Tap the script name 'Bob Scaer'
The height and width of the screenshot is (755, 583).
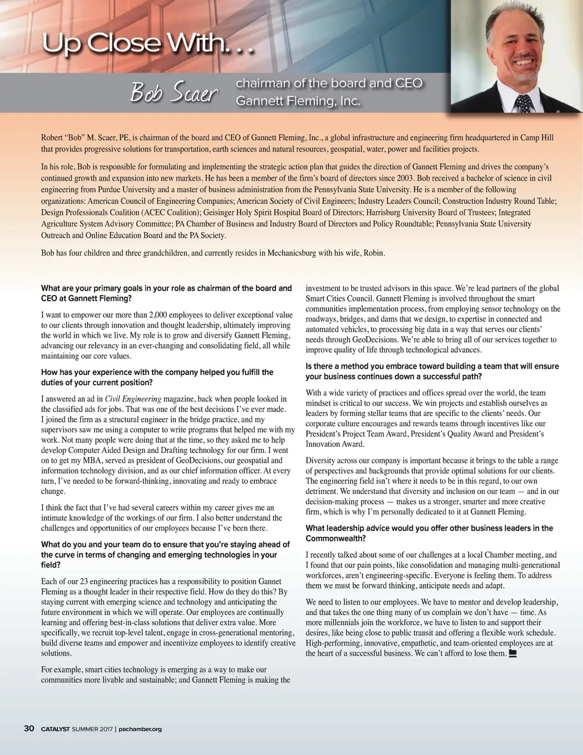pyautogui.click(x=173, y=92)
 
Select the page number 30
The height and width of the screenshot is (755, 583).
pyautogui.click(x=29, y=728)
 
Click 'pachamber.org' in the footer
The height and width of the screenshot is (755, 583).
pyautogui.click(x=140, y=729)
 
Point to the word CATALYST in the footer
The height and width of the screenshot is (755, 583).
pyautogui.click(x=55, y=729)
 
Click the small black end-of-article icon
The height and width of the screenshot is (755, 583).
pyautogui.click(x=512, y=654)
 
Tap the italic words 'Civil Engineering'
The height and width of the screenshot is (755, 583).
pyautogui.click(x=133, y=399)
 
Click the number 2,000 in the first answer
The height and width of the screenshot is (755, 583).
pyautogui.click(x=158, y=315)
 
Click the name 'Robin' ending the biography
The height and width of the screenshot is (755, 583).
pyautogui.click(x=373, y=252)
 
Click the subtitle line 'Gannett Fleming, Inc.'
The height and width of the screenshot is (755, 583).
pyautogui.click(x=298, y=101)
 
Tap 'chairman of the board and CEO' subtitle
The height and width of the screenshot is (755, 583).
pyautogui.click(x=329, y=83)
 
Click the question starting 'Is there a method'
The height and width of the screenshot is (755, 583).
pyautogui.click(x=432, y=371)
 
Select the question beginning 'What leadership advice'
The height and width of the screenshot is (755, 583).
pyautogui.click(x=429, y=533)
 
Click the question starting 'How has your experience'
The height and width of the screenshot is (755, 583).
pyautogui.click(x=157, y=377)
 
